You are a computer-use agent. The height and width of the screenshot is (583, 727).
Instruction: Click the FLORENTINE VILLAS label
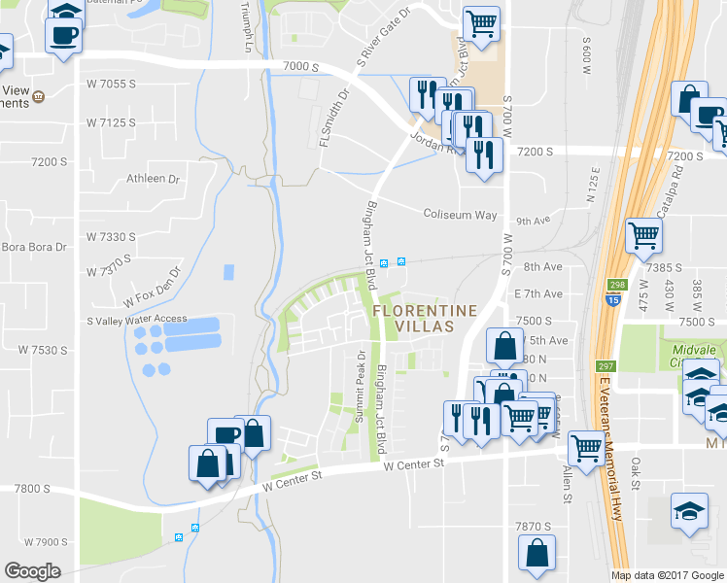[x=412, y=318]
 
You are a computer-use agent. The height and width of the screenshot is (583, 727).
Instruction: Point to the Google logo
[x=32, y=571]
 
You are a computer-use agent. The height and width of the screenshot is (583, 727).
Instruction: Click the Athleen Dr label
[x=154, y=180]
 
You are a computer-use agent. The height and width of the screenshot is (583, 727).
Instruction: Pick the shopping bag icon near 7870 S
[x=537, y=554]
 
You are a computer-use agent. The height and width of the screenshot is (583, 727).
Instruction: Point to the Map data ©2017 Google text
[x=667, y=575]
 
